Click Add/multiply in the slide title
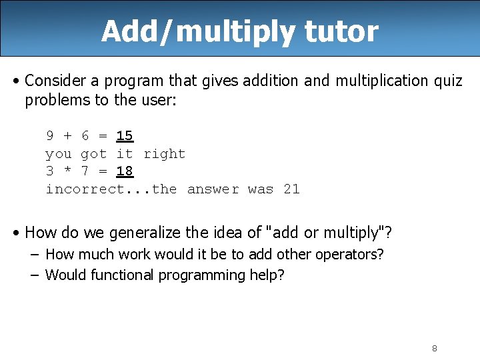click(192, 31)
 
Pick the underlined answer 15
click(125, 136)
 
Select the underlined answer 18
click(125, 171)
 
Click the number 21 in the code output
click(291, 189)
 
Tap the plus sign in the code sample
click(67, 136)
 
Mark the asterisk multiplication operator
click(67, 171)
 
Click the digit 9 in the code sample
click(50, 136)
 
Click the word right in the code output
click(165, 154)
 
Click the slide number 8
click(434, 348)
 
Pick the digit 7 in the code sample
click(85, 171)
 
